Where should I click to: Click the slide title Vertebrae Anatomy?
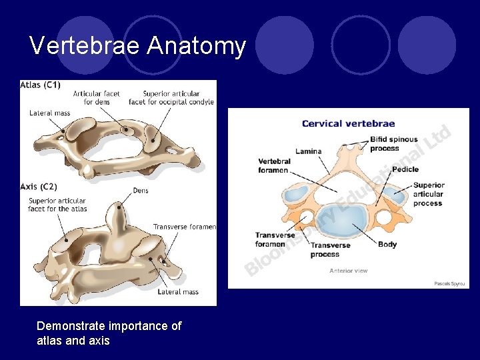(x=138, y=47)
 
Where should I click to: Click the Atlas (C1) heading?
(x=41, y=85)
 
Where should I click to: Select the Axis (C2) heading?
(x=38, y=187)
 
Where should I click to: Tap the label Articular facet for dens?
(x=96, y=98)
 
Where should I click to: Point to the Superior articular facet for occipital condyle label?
(x=171, y=98)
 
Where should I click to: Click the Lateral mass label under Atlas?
(x=50, y=113)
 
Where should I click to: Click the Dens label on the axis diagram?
(x=141, y=191)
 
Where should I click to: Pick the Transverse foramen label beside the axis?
(x=185, y=227)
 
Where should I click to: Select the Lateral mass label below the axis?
(x=178, y=292)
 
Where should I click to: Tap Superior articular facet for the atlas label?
(x=57, y=205)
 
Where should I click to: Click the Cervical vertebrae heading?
(x=348, y=123)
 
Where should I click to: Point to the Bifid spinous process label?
(x=393, y=144)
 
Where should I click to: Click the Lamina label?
(x=308, y=151)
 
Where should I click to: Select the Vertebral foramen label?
(x=274, y=166)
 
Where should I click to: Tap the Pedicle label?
(x=405, y=169)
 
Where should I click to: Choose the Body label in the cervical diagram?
(x=387, y=245)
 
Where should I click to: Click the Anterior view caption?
(x=348, y=271)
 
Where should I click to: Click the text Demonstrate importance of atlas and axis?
(x=109, y=333)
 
